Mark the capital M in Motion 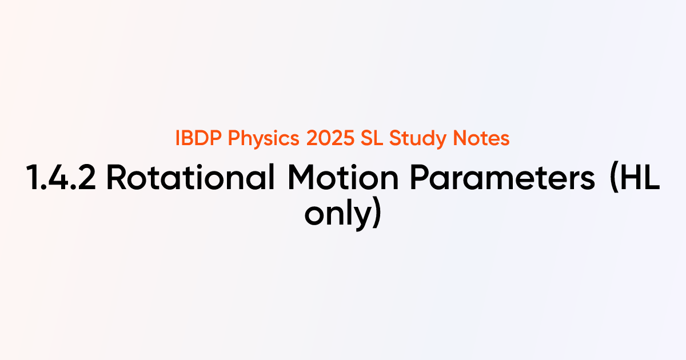click(299, 179)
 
